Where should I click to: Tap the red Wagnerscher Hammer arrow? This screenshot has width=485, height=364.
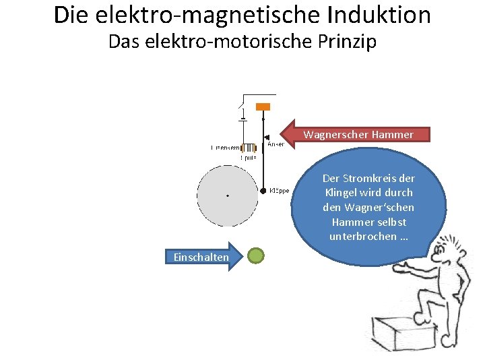point(354,134)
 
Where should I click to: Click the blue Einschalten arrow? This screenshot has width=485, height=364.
point(200,257)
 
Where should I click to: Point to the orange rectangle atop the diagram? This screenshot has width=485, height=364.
point(263,107)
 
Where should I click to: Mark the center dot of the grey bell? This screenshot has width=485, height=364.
point(228,195)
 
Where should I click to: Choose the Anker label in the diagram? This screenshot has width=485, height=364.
point(276,144)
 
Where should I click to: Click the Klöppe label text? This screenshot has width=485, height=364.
point(279,191)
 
